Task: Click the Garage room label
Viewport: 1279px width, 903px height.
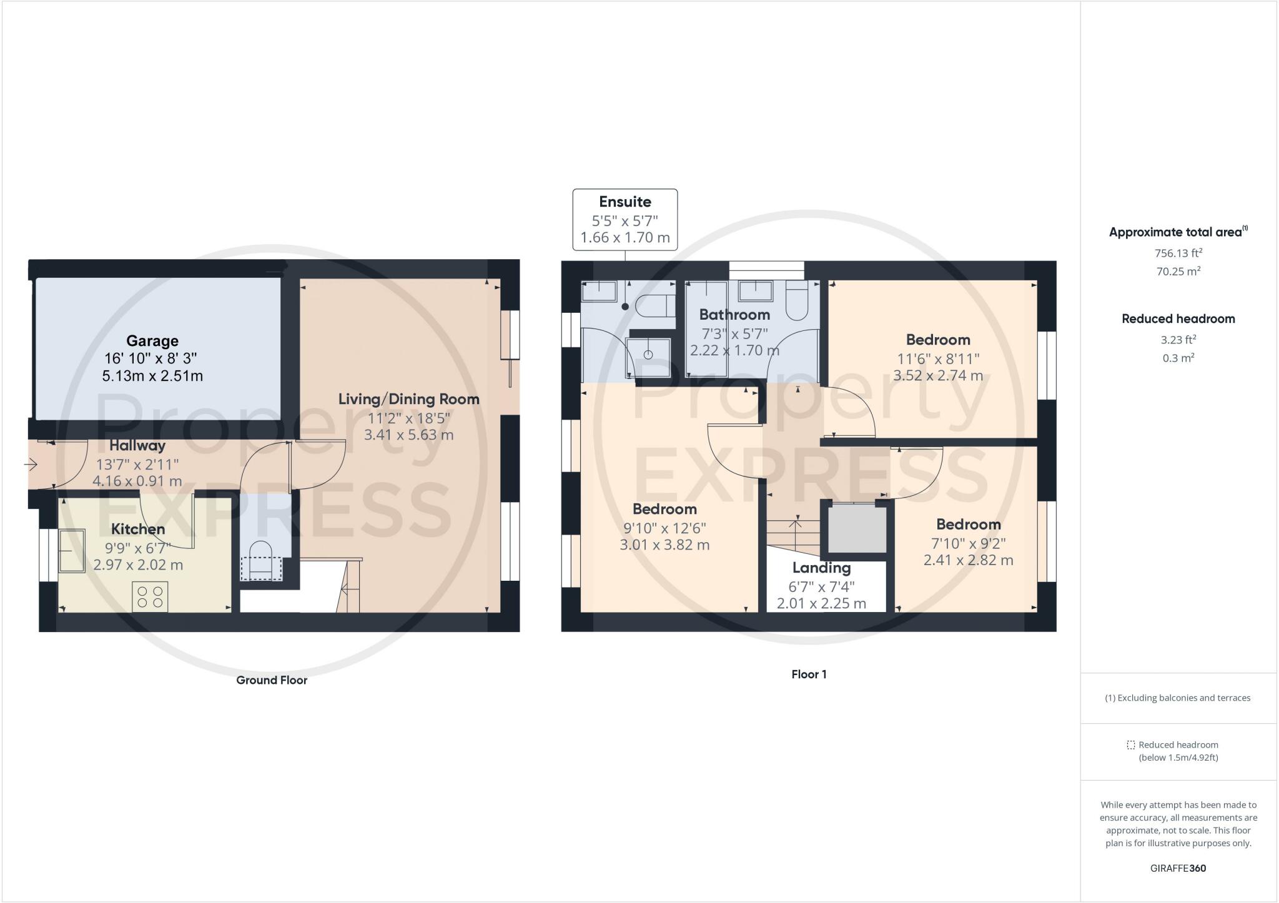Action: coord(152,341)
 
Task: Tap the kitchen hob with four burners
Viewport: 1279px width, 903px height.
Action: coord(150,596)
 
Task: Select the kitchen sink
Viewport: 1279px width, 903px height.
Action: coord(72,550)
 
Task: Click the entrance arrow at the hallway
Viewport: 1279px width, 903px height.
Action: coord(31,465)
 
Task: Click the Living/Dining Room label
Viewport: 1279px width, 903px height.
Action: coord(409,399)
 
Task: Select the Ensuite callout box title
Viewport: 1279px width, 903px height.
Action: coord(625,202)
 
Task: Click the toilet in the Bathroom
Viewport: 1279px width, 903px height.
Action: coord(797,300)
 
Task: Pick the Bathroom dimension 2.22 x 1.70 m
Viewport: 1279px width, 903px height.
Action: coord(734,350)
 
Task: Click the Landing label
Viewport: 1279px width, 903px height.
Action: coord(821,568)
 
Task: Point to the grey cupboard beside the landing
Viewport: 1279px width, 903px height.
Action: coord(857,529)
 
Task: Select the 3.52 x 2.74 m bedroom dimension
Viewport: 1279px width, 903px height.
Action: coord(938,375)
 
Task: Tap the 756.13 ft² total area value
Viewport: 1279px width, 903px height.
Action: coord(1178,253)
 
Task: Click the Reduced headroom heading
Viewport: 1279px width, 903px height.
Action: coord(1178,318)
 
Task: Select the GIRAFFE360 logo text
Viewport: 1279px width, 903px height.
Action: coord(1178,868)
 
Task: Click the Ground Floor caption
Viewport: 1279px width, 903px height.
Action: coord(272,680)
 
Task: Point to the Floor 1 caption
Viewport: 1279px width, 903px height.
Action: coord(809,674)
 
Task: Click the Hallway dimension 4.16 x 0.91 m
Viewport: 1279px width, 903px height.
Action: coord(137,481)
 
